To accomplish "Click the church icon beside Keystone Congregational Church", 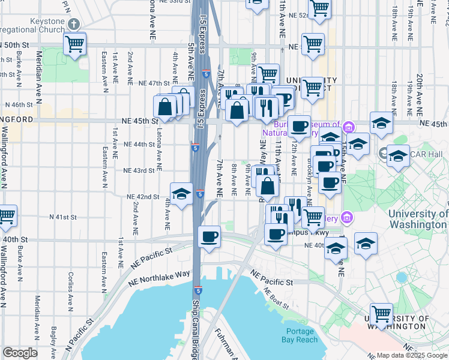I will coord(73,25).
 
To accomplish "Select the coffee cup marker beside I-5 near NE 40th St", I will coord(209,236).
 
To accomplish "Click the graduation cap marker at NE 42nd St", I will coord(181,193).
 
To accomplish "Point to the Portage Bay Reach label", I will coord(300,335).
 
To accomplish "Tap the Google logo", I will coord(20,353).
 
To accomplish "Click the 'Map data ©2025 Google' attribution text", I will coord(411,355).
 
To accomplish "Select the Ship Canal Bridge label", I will coord(195,327).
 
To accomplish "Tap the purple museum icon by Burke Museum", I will coord(348,127).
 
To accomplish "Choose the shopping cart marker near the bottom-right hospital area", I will coord(382,313).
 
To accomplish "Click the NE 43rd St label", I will coord(139,170).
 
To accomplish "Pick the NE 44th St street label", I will coord(139,145).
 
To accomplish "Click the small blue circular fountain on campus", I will coord(402,277).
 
